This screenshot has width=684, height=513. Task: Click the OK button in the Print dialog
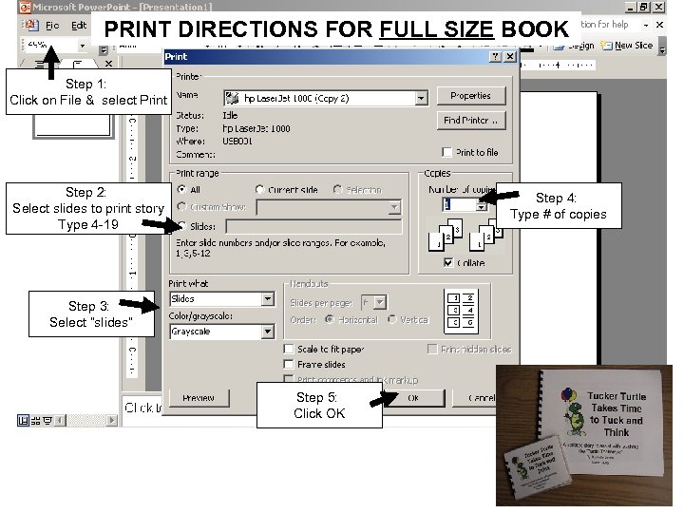413,397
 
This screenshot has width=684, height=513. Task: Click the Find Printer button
470,121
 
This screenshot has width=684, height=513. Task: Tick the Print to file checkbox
447,152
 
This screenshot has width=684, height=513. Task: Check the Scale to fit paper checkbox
289,350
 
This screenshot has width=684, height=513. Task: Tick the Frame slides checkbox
289,364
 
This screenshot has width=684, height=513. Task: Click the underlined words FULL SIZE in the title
436,28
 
